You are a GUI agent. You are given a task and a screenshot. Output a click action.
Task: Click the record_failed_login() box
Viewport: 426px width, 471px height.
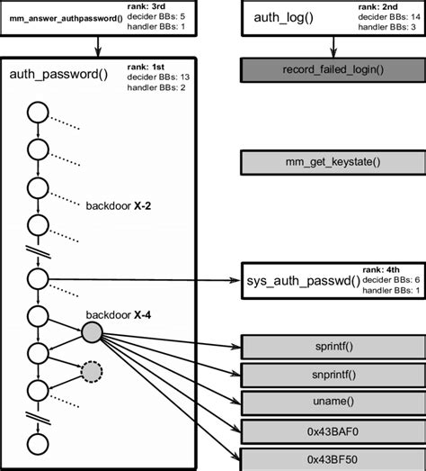click(333, 69)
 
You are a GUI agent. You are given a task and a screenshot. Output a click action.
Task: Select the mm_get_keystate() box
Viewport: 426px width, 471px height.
click(333, 162)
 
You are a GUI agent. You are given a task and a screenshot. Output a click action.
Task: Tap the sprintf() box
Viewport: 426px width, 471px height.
click(333, 346)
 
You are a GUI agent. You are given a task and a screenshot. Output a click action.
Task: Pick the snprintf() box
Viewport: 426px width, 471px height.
click(333, 374)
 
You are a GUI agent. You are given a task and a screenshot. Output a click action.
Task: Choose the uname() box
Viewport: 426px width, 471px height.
click(333, 402)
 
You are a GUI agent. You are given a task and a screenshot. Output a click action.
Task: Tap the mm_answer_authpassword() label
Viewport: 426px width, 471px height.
click(66, 18)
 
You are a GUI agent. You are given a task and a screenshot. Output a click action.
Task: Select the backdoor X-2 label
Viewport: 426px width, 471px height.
click(119, 205)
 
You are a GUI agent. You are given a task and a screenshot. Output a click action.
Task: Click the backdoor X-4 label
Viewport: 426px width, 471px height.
click(118, 315)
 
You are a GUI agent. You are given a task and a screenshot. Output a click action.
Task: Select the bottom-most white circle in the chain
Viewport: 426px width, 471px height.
click(37, 443)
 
